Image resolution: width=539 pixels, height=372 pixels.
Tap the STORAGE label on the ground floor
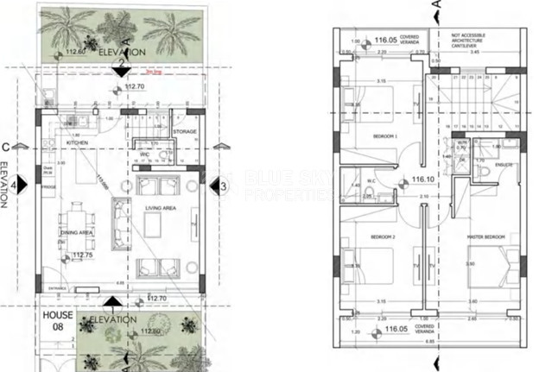(184, 132)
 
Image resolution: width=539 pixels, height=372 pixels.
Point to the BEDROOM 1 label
(384, 136)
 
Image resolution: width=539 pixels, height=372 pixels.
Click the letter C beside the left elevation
(8, 147)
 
